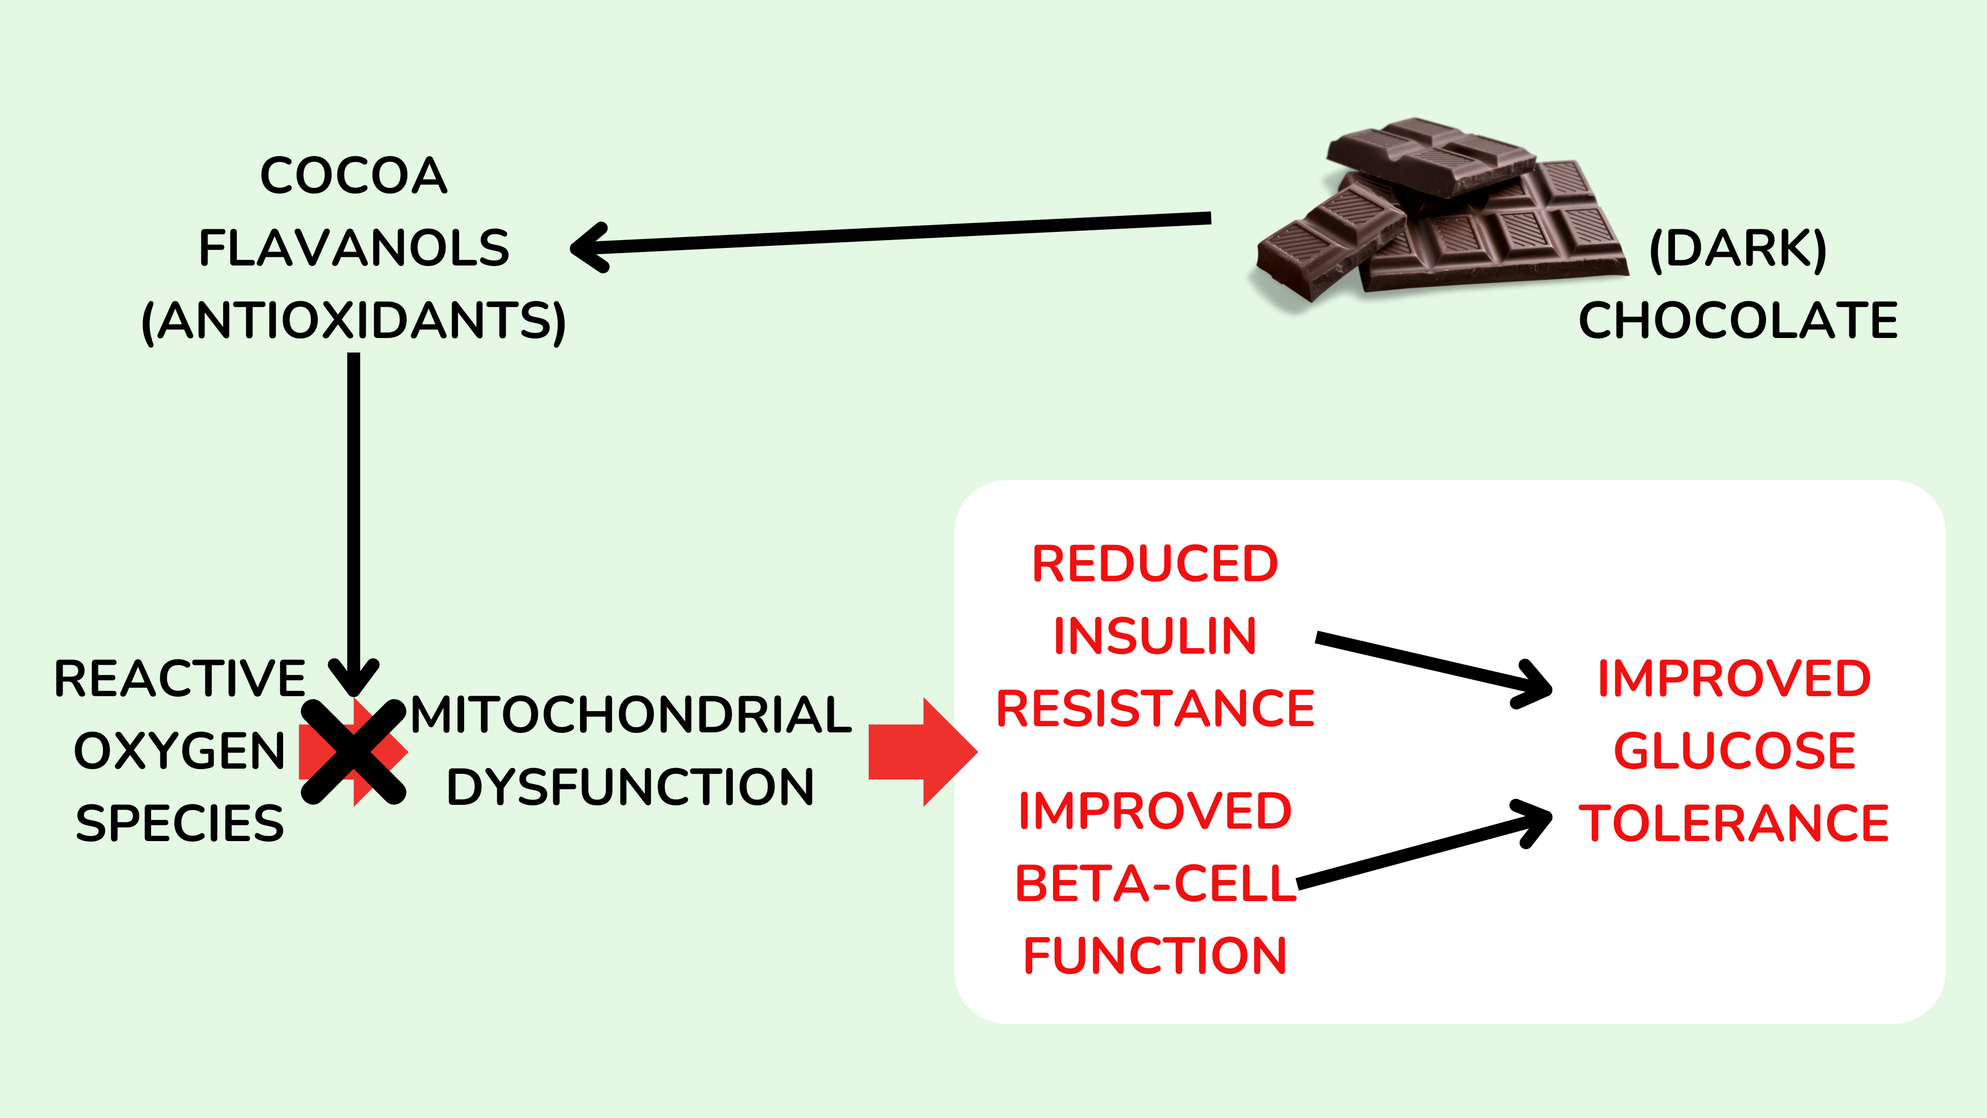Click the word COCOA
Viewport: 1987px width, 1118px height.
[353, 176]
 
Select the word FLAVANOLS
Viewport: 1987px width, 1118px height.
[354, 248]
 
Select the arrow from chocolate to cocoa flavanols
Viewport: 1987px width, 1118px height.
[887, 233]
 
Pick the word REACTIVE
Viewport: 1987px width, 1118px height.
[180, 679]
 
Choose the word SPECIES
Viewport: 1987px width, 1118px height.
[180, 823]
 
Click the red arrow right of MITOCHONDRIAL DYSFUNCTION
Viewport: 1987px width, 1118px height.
[922, 752]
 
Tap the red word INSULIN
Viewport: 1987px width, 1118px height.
[1155, 637]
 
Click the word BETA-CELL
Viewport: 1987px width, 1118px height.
[1155, 884]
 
